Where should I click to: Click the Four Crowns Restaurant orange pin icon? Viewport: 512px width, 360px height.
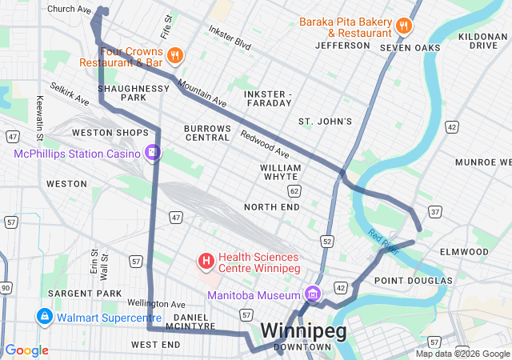click(x=176, y=55)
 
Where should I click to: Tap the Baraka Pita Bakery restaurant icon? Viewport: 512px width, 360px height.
click(x=404, y=26)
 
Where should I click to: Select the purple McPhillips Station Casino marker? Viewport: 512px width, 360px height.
click(x=152, y=152)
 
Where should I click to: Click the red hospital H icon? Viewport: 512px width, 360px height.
click(x=206, y=261)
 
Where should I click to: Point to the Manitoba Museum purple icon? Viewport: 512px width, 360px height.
click(x=312, y=295)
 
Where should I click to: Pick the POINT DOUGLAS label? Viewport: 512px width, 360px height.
click(x=413, y=280)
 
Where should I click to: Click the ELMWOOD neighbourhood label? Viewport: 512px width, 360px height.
click(x=464, y=251)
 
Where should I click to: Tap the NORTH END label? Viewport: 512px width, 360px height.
click(x=272, y=207)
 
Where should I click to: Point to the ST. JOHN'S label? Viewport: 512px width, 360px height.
click(x=325, y=122)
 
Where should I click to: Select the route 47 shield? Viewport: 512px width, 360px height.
click(x=176, y=217)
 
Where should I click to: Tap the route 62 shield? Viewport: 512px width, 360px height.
click(x=294, y=190)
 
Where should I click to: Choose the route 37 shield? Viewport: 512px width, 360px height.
click(x=434, y=211)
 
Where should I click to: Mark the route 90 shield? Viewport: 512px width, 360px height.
click(x=6, y=287)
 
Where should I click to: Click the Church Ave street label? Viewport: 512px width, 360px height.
click(x=69, y=10)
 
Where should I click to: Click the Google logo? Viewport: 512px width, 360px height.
click(x=27, y=350)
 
